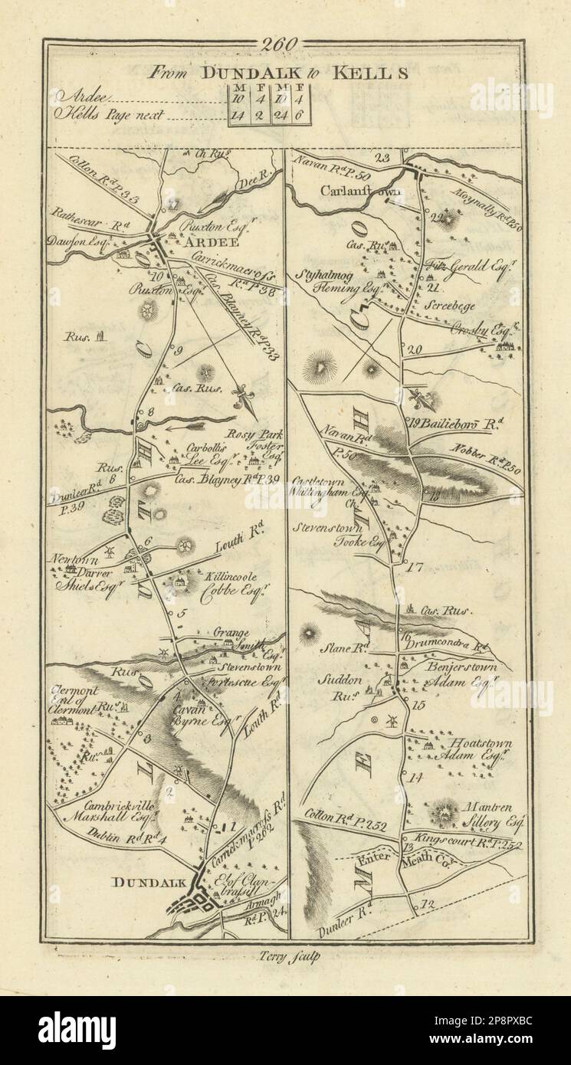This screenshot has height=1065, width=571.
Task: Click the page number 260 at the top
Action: (283, 45)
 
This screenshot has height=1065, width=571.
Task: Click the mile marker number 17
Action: (416, 568)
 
